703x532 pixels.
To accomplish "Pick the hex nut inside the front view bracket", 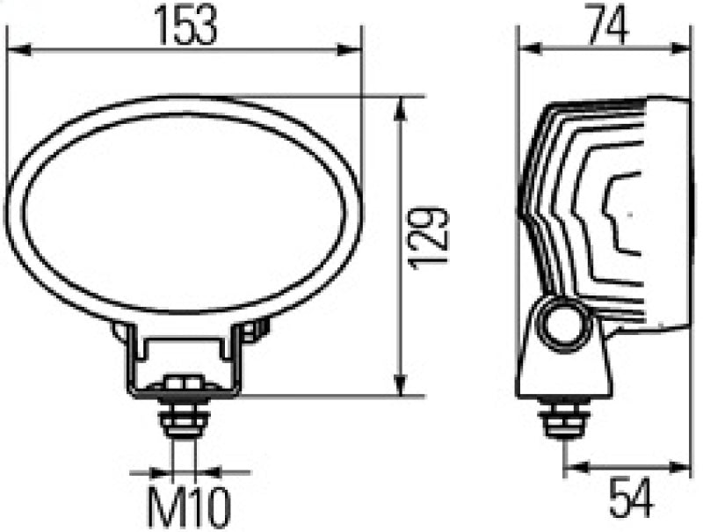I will (x=184, y=383).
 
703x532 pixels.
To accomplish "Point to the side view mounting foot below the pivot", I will (x=562, y=369).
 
